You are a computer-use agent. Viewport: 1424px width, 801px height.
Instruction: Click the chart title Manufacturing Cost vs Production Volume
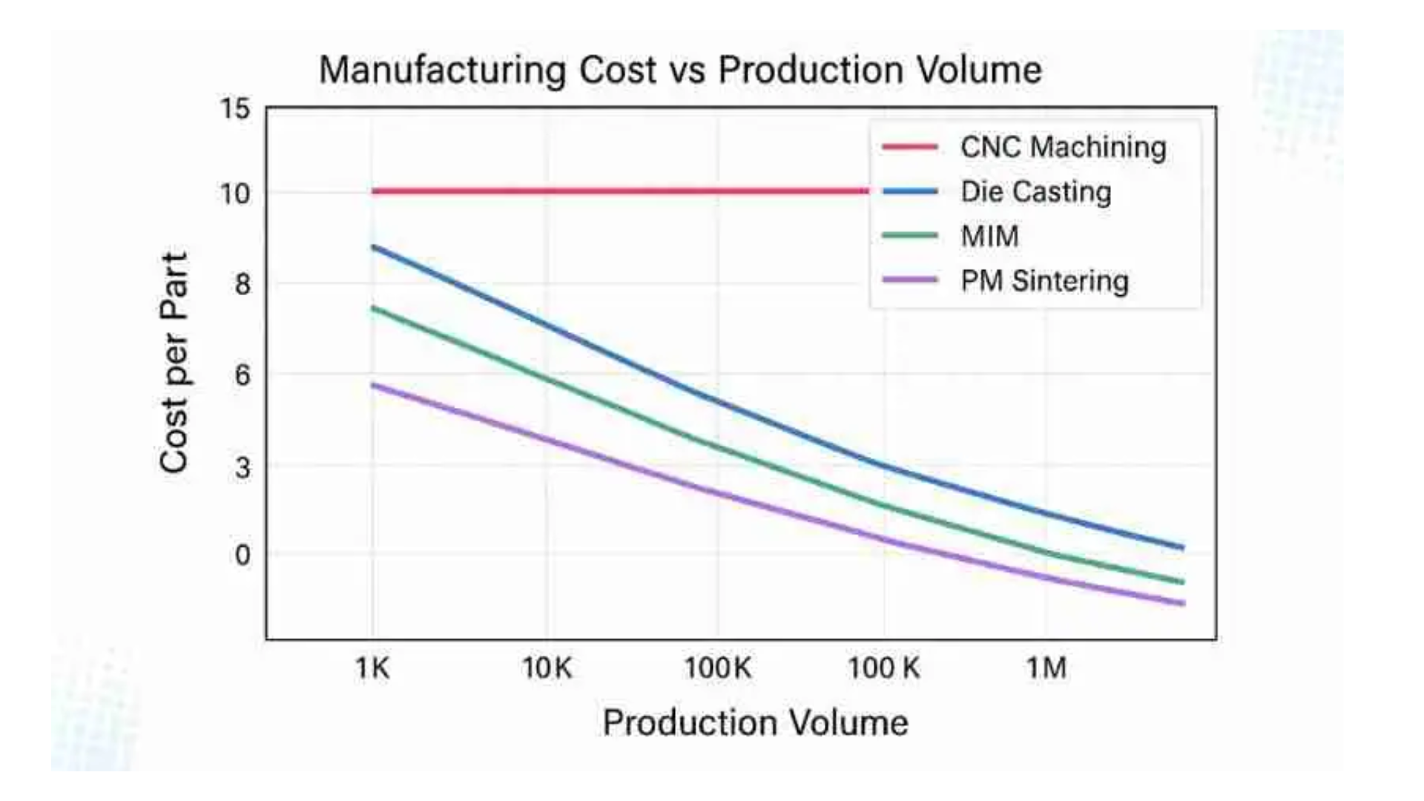(680, 70)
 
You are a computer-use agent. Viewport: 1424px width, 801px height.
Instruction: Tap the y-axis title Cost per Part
(174, 363)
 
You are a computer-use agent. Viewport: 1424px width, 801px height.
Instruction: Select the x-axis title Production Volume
(755, 722)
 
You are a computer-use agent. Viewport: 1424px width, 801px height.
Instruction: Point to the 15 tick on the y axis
(235, 110)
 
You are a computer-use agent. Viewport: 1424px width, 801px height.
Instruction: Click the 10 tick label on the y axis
(235, 194)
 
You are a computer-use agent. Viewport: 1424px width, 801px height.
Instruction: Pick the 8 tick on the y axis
(242, 284)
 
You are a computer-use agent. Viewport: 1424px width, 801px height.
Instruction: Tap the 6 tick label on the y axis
(242, 375)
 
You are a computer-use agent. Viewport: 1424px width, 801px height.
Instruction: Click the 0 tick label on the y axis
(242, 555)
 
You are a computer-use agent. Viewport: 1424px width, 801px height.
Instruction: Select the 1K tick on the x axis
(372, 669)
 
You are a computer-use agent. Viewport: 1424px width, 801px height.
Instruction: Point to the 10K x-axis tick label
(547, 669)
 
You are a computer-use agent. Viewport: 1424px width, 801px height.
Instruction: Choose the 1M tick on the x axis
(1046, 669)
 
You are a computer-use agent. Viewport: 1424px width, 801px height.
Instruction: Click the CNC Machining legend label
(1063, 147)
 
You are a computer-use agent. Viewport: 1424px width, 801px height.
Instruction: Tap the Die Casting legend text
(1036, 192)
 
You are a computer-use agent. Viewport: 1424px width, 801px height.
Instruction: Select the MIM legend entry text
(989, 237)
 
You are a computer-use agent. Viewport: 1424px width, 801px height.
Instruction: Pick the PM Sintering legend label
(1044, 281)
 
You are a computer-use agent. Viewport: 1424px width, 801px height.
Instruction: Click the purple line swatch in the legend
(910, 280)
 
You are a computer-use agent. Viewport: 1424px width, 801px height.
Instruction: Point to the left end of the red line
(373, 191)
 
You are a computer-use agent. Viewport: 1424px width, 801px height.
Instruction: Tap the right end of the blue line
(1182, 547)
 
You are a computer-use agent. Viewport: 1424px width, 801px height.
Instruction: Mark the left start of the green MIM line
(373, 308)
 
